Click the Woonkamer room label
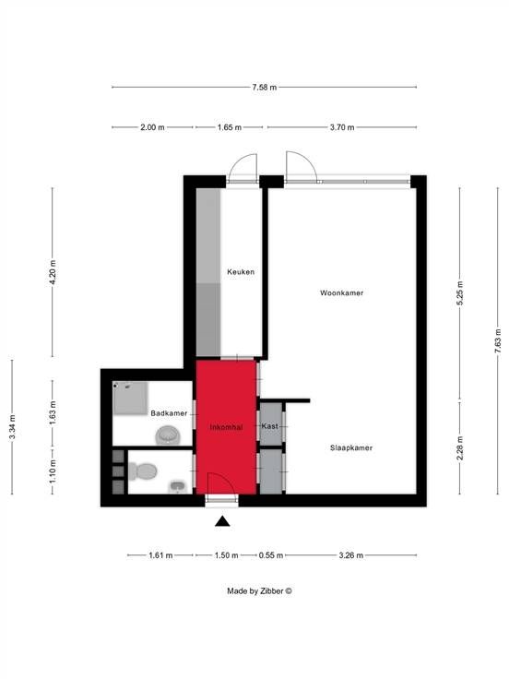pos(341,293)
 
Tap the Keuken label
pos(241,272)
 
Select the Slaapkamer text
pos(351,447)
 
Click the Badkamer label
pos(169,413)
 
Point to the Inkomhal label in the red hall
pos(226,427)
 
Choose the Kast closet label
pos(269,426)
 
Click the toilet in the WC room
pos(142,471)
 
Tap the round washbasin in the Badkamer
pos(167,435)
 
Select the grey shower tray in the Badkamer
pos(130,398)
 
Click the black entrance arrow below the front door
pos(222,521)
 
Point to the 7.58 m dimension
pos(264,87)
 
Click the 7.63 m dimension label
pos(498,340)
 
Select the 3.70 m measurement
pos(342,127)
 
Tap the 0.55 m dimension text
pos(271,555)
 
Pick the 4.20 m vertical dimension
pos(53,272)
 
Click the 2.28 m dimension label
pos(460,447)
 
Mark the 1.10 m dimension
pos(53,472)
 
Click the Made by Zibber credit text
pos(259,590)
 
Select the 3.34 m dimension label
pos(13,427)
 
